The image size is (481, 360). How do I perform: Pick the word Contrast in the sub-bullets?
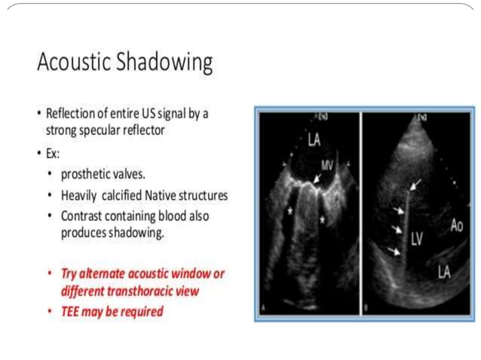pos(83,216)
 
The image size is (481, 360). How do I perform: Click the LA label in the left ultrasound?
pos(296,138)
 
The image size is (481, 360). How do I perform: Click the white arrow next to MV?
pos(318,178)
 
